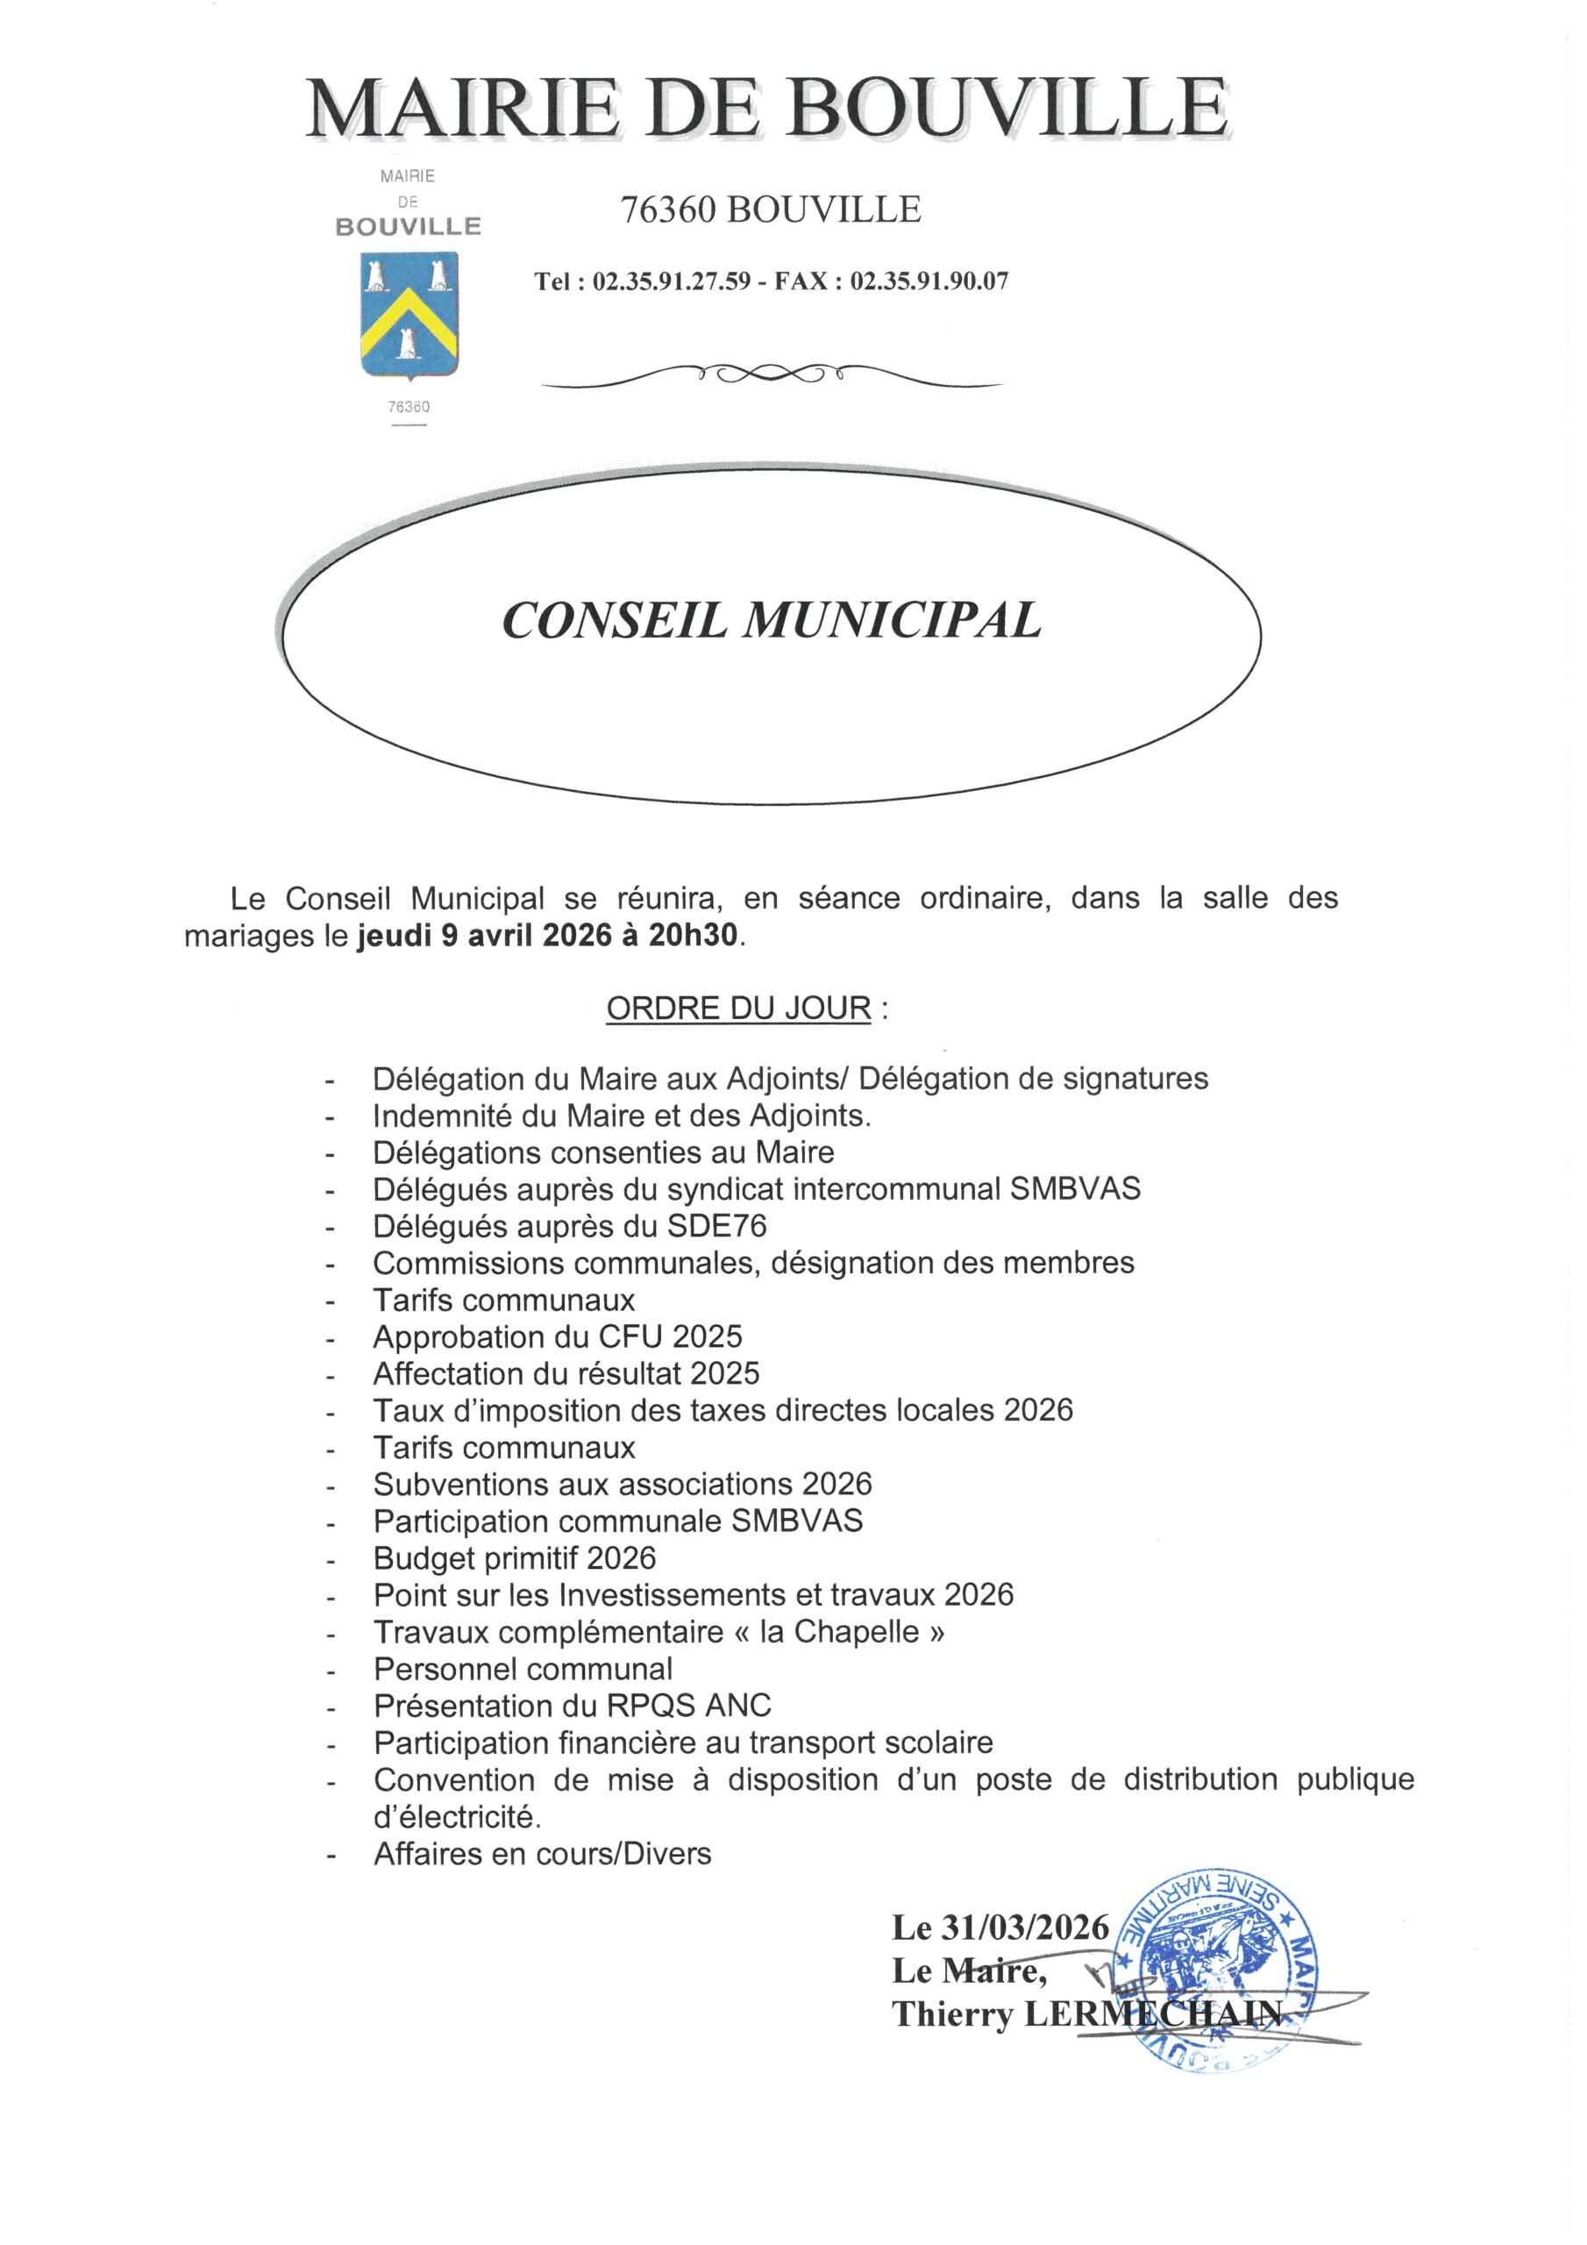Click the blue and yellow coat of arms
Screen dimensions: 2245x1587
[x=409, y=316]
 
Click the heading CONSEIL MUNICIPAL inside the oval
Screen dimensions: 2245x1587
[x=771, y=621]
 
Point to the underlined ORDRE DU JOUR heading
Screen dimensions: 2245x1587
[x=738, y=1008]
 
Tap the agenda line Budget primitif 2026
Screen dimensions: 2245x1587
[x=515, y=1557]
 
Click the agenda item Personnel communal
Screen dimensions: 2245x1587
[x=523, y=1669]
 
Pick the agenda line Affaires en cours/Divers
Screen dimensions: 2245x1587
[x=542, y=1853]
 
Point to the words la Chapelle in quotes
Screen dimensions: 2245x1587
[x=840, y=1632]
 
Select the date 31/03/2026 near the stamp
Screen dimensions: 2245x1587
[x=1025, y=1928]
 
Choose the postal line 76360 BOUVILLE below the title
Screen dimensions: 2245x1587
[x=771, y=210]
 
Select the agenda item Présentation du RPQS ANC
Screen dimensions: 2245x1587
[x=572, y=1707]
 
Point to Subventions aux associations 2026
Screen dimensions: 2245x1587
[x=622, y=1485]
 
